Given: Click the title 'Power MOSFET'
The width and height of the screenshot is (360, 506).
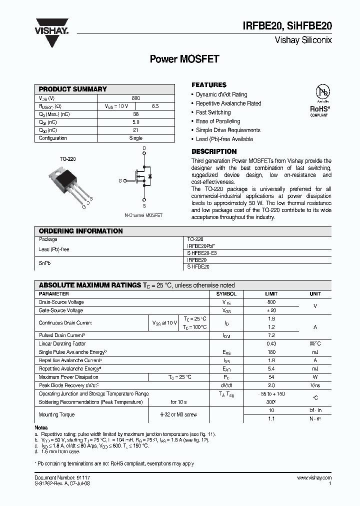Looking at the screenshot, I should click(x=184, y=59).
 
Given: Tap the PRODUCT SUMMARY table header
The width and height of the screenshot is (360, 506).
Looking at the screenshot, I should click(x=73, y=89).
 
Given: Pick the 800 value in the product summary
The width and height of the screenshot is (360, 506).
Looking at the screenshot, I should click(x=136, y=98).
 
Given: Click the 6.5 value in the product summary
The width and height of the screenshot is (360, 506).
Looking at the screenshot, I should click(x=155, y=106).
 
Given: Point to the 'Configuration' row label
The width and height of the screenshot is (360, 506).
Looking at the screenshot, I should click(x=53, y=138).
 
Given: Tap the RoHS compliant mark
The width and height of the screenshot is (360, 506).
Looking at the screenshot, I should click(x=319, y=110).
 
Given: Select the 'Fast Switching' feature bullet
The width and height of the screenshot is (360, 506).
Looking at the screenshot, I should click(x=213, y=112).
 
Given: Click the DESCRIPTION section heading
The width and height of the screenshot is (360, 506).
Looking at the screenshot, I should click(x=214, y=151).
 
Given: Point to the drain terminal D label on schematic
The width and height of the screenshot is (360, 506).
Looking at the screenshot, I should click(x=144, y=149).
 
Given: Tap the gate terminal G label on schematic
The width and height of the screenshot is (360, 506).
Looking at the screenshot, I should click(x=120, y=180).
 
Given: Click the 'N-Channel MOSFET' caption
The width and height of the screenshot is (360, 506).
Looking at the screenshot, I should click(x=143, y=215).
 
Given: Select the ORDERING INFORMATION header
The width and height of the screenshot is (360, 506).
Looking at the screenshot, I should click(x=80, y=231).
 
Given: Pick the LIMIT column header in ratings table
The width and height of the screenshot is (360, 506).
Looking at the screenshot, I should click(x=271, y=294).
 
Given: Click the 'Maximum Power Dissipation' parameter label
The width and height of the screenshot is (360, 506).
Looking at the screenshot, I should click(x=68, y=377).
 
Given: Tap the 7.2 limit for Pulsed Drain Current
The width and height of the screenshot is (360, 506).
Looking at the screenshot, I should click(x=271, y=335).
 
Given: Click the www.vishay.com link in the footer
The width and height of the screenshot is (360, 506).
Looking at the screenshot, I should click(x=313, y=478).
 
